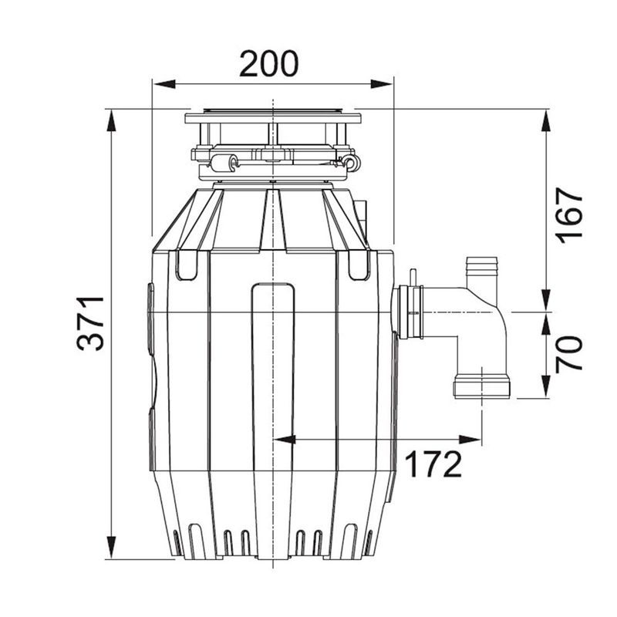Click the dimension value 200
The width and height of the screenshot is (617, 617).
[269, 63]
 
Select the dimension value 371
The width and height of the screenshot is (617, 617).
[91, 323]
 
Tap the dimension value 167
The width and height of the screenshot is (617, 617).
[568, 216]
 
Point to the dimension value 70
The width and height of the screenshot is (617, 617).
[568, 354]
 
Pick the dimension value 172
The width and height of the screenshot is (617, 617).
[433, 464]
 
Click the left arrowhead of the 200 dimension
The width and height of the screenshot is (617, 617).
[164, 84]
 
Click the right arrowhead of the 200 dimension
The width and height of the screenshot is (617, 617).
[382, 84]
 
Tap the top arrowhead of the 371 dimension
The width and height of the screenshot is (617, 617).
[112, 120]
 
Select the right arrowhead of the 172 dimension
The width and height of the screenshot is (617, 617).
[470, 440]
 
